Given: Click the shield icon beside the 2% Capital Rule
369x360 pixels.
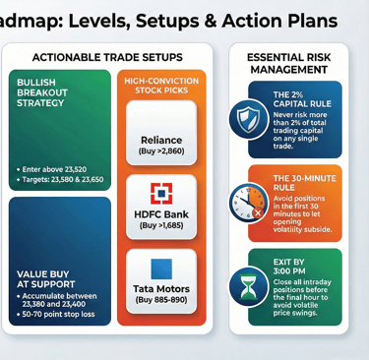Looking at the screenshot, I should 247,119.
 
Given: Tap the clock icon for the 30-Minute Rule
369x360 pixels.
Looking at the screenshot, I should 248,204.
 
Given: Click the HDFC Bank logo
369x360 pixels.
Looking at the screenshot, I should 161,193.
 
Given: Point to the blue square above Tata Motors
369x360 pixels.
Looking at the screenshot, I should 161,268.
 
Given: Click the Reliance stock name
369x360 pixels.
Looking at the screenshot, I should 161,141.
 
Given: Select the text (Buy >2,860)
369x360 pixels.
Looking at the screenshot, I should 161,153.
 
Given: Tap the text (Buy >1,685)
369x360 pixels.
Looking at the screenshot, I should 161,226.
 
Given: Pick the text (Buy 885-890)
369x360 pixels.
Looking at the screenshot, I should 161,301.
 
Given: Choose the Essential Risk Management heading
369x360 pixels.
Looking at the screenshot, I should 289,64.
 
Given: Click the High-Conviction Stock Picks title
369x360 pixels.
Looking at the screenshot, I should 161,87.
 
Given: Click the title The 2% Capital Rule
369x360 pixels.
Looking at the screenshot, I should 302,97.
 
